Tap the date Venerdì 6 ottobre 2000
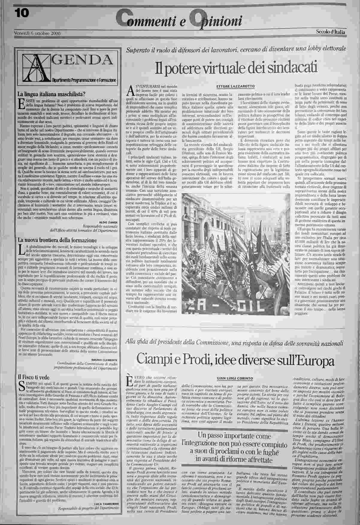click(37, 33)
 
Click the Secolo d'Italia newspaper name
click(330, 32)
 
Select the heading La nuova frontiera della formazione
click(57, 240)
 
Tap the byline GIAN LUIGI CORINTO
click(237, 378)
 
